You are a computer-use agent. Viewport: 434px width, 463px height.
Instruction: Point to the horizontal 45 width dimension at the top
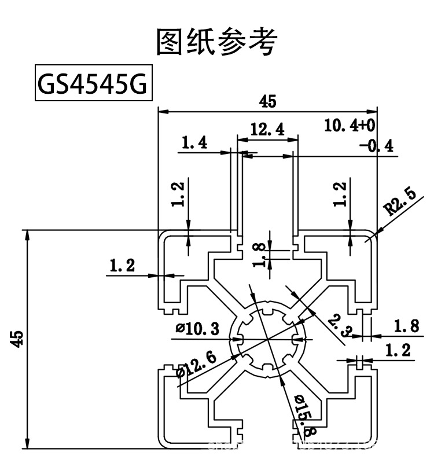(267, 101)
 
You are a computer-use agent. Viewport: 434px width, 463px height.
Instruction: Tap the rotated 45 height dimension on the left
(19, 339)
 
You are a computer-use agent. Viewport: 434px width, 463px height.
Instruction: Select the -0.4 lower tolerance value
(376, 146)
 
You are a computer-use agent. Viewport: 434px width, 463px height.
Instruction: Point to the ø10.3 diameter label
(198, 329)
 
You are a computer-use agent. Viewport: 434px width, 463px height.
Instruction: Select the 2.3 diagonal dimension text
(337, 326)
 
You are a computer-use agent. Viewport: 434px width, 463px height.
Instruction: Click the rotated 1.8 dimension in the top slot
(260, 255)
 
